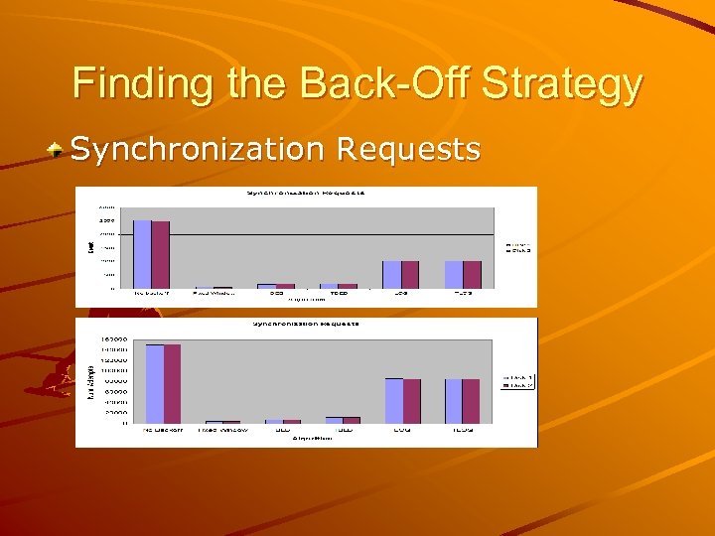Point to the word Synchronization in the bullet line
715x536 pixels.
[x=200, y=150]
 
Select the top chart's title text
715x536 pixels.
[x=306, y=192]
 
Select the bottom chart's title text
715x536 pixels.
[x=306, y=324]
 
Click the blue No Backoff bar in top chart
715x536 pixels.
[x=142, y=254]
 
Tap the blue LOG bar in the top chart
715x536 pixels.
[x=392, y=274]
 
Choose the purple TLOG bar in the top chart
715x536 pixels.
[x=472, y=274]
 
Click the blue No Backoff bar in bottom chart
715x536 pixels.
[x=155, y=383]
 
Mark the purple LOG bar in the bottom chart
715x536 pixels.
[x=412, y=400]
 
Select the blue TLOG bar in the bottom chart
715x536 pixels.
[x=454, y=400]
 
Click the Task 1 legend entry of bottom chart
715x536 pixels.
[x=520, y=378]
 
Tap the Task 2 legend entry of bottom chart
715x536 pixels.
[x=520, y=386]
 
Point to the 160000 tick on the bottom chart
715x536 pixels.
[x=113, y=339]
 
